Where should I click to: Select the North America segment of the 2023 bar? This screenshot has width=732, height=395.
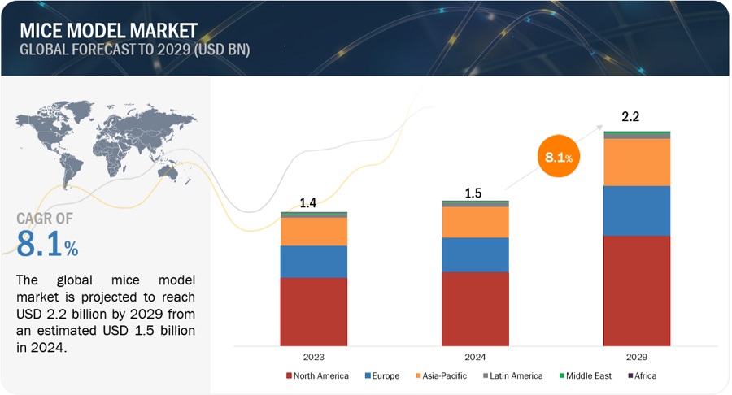pos(313,311)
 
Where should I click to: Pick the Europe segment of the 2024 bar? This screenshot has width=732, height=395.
pos(475,254)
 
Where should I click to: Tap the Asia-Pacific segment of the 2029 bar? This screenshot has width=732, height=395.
pos(637,162)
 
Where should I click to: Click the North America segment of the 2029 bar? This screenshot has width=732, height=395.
pos(637,290)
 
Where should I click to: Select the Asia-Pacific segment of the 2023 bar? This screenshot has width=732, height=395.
pos(313,232)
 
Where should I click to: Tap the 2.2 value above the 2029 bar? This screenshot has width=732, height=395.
pos(630,117)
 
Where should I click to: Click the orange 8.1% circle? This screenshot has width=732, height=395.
pos(558,157)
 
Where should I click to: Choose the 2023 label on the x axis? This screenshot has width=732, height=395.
pos(313,356)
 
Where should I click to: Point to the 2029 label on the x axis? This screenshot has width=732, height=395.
pos(637,356)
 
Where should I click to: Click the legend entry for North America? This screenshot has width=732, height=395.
pos(318,375)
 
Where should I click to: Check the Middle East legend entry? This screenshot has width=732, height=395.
pos(585,375)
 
